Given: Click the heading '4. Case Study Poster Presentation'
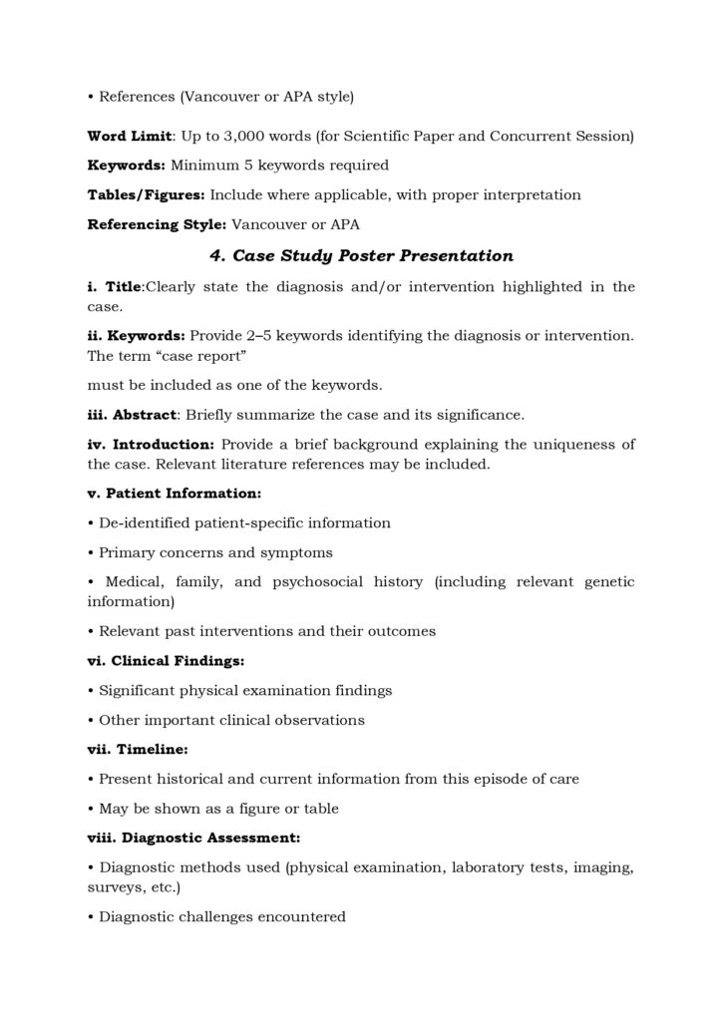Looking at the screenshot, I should (361, 255).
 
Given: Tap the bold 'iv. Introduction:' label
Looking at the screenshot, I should (151, 445).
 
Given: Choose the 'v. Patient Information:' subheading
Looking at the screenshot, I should (161, 494).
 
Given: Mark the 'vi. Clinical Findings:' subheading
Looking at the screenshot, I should (153, 660).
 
